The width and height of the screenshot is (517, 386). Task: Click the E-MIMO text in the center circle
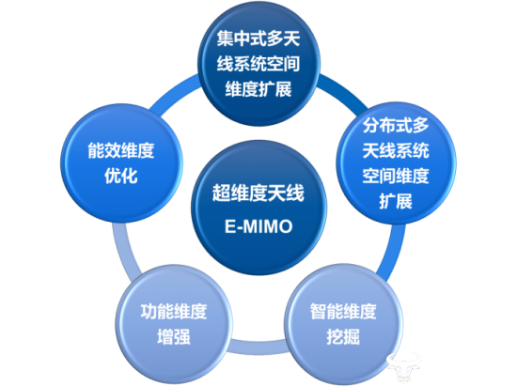[x=258, y=226]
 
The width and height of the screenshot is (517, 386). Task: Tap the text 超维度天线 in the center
[x=258, y=193]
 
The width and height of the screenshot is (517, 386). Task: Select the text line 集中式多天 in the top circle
[x=258, y=39]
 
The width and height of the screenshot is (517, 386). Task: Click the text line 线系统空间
[x=258, y=64]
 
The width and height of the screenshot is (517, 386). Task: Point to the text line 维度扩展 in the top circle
[x=258, y=89]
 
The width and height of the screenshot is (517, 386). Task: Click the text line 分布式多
[x=396, y=126]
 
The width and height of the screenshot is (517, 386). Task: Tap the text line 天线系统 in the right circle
[x=396, y=150]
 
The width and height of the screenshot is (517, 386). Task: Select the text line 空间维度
[x=396, y=176]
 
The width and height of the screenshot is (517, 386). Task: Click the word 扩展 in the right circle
[x=396, y=201]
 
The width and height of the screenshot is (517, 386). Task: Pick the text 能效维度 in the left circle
[x=121, y=150]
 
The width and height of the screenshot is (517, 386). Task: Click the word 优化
[x=121, y=176]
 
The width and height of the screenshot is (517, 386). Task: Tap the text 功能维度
[x=174, y=312]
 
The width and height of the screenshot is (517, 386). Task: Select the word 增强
[x=174, y=337]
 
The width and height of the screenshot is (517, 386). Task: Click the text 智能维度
[x=343, y=312]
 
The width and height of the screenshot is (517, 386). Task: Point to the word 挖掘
[x=343, y=337]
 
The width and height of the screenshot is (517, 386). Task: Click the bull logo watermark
[x=404, y=367]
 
